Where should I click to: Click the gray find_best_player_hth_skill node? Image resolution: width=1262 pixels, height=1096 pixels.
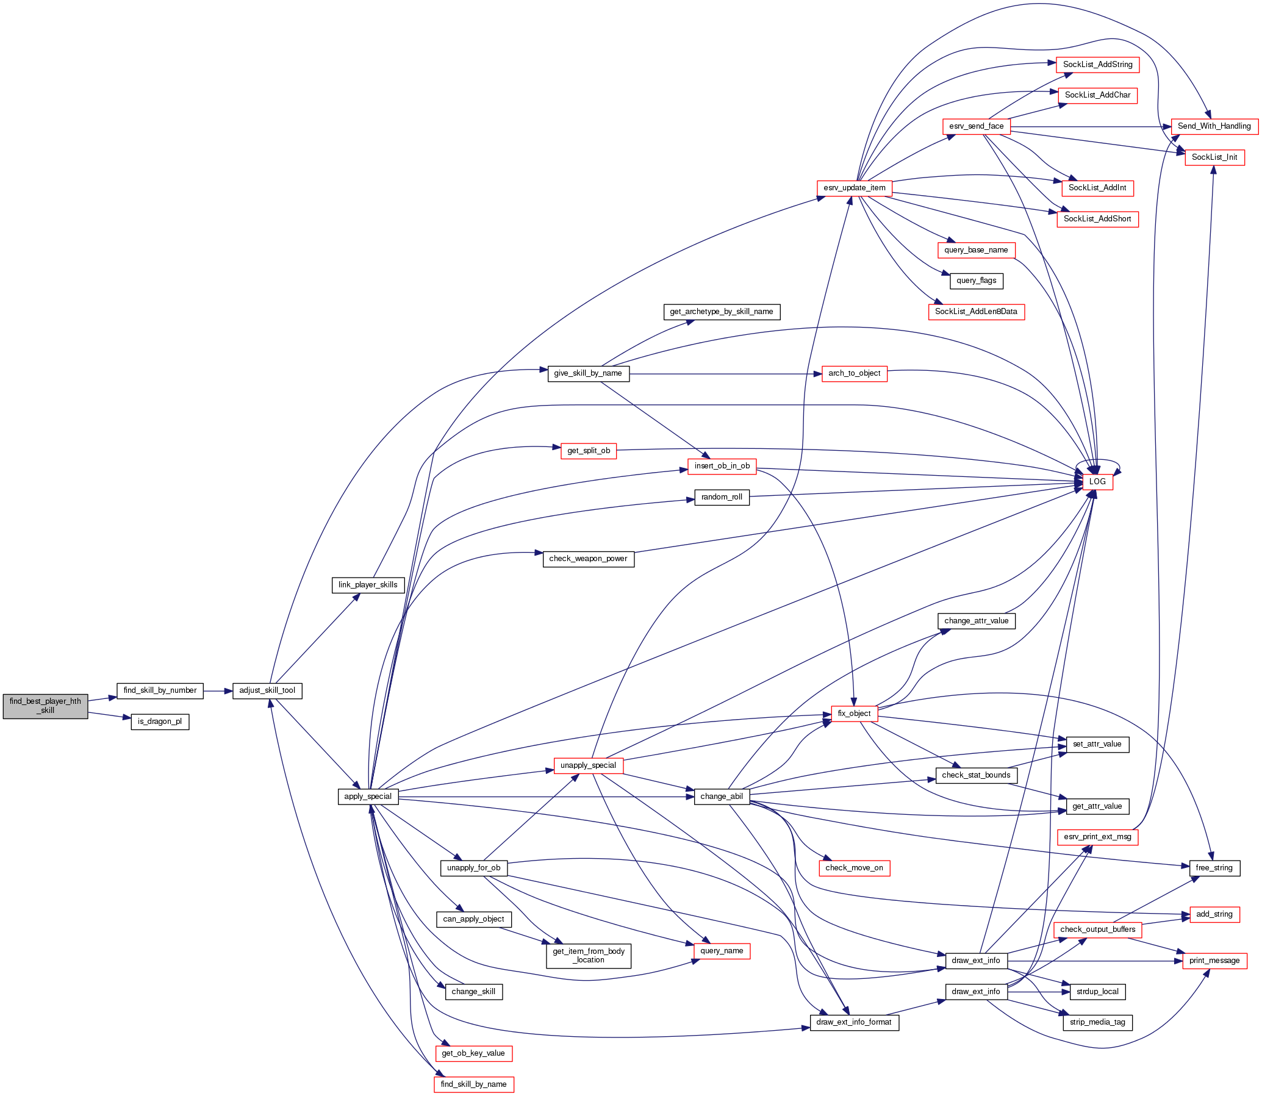45,706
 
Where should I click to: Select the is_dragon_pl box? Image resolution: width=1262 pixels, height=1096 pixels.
160,722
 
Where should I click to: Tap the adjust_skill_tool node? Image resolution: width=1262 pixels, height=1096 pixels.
267,690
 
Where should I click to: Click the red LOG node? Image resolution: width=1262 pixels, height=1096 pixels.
1097,481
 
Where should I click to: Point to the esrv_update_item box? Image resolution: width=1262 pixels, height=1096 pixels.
854,188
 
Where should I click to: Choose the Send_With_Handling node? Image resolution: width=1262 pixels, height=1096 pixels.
1214,126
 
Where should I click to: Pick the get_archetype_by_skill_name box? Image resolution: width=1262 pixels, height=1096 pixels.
721,311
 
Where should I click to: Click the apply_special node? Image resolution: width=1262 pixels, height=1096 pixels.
368,797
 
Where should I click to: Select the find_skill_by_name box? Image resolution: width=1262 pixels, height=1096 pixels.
473,1084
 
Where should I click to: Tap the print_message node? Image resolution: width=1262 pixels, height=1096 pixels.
1214,960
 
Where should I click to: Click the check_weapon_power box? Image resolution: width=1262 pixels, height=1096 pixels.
588,559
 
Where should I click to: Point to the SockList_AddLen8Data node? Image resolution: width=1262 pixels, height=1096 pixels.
976,311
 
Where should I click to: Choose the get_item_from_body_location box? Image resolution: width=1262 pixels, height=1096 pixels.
589,955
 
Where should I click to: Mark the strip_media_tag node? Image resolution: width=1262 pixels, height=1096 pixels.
1097,1022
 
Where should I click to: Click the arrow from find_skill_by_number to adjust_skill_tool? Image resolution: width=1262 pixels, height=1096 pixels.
218,690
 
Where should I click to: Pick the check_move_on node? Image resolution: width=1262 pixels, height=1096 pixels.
854,868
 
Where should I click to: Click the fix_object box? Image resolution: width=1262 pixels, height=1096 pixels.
854,713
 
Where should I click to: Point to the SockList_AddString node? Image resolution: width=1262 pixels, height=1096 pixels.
1097,64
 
